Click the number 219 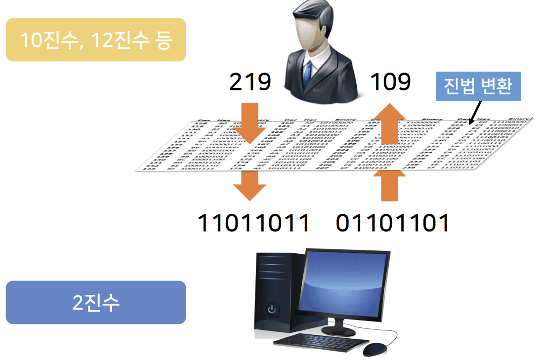pos(250,82)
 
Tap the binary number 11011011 pos(253,223)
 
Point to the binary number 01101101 pos(393,223)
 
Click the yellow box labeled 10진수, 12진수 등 pos(96,40)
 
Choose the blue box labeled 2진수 pos(96,302)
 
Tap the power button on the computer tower pos(271,310)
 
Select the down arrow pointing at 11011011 pos(250,186)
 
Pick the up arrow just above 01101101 pos(390,185)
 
